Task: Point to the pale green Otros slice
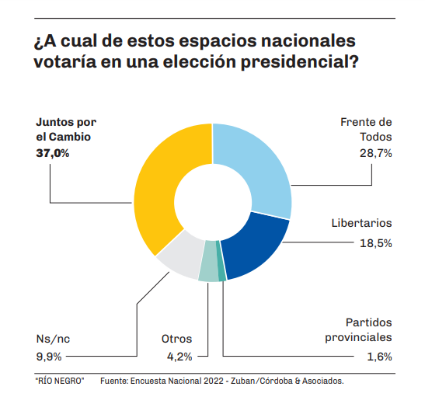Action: [x=208, y=261]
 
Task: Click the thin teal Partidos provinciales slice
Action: [x=221, y=261]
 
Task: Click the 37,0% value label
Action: [x=53, y=154]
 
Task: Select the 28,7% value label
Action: [x=376, y=154]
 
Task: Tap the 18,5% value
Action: [x=376, y=243]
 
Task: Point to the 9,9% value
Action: [x=49, y=357]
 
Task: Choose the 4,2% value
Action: [x=179, y=357]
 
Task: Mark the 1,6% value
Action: [x=379, y=357]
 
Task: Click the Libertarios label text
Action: [x=361, y=223]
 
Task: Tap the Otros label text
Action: [x=176, y=339]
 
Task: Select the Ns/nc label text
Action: [x=53, y=339]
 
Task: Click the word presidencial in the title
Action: [x=300, y=62]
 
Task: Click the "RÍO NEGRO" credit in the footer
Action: [x=60, y=381]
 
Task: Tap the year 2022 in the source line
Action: [x=214, y=381]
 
